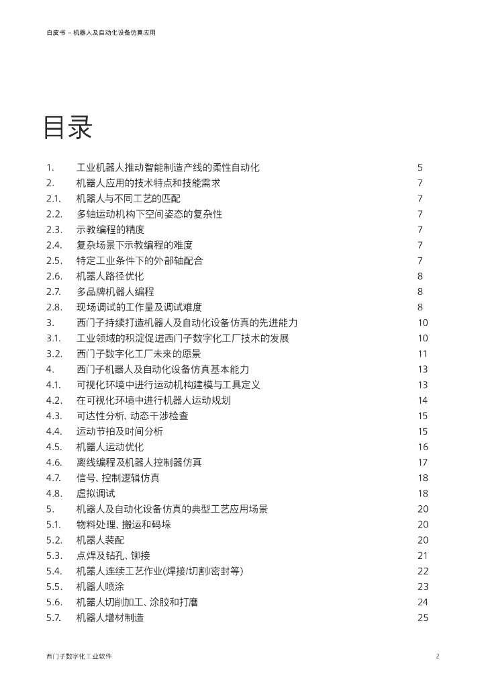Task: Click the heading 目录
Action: pyautogui.click(x=67, y=128)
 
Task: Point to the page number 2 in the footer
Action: pyautogui.click(x=437, y=656)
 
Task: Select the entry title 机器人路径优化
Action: pyautogui.click(x=110, y=276)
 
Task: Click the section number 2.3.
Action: pyautogui.click(x=54, y=230)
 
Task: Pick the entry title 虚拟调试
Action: pyautogui.click(x=95, y=494)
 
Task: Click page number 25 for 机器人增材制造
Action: pyautogui.click(x=422, y=618)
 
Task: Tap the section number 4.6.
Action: pyautogui.click(x=54, y=463)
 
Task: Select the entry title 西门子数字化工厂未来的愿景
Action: pyautogui.click(x=139, y=354)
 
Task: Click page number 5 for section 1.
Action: pyautogui.click(x=420, y=168)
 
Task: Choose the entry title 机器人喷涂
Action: pyautogui.click(x=100, y=587)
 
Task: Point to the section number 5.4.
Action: pyautogui.click(x=54, y=572)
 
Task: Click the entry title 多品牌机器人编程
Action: pyautogui.click(x=115, y=292)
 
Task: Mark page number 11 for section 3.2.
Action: pyautogui.click(x=422, y=354)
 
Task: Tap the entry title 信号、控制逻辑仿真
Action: pyautogui.click(x=118, y=478)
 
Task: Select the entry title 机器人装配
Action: pyautogui.click(x=100, y=541)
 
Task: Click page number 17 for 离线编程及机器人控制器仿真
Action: pyautogui.click(x=422, y=463)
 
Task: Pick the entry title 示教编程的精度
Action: pyautogui.click(x=110, y=230)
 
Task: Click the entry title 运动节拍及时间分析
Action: pyautogui.click(x=119, y=432)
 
